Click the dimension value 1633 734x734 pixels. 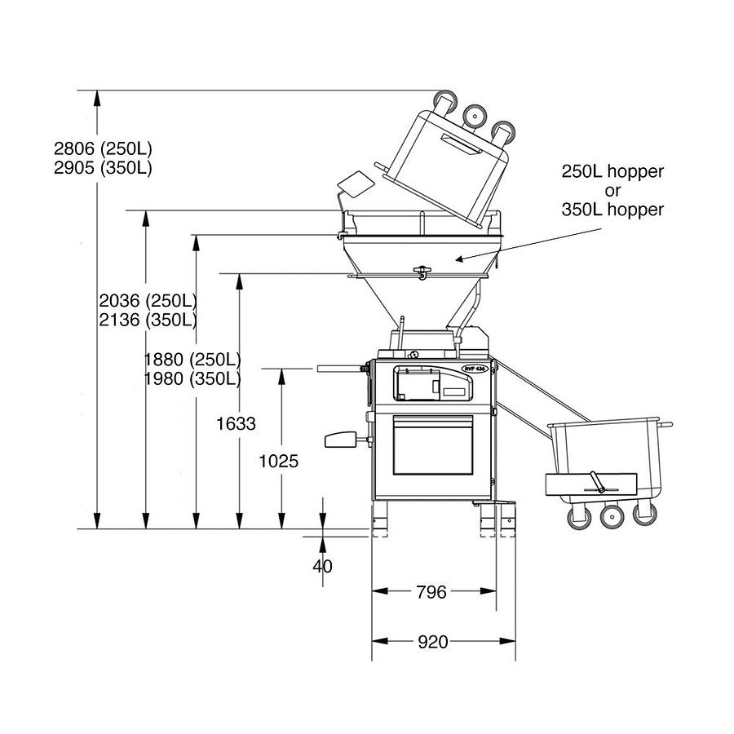237,423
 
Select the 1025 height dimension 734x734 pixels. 278,461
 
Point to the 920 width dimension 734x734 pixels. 432,642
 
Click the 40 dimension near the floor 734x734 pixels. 323,565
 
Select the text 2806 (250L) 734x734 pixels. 103,149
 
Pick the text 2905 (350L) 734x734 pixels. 103,168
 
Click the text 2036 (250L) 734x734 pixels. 148,300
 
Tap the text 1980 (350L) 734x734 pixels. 192,379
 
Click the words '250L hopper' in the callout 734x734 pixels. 612,172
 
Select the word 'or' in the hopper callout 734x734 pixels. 612,191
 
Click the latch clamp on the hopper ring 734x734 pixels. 422,272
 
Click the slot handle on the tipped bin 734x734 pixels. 462,146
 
